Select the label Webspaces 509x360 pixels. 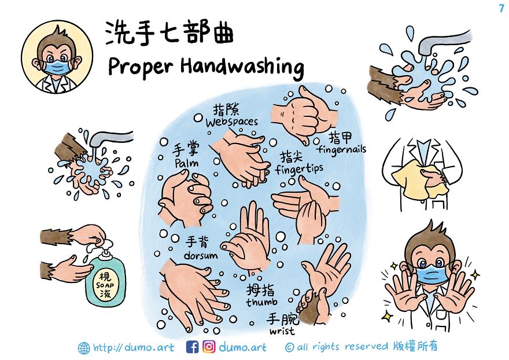click(x=231, y=122)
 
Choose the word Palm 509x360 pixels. click(x=186, y=163)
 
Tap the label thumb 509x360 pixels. click(x=261, y=302)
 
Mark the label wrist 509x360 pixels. click(x=282, y=331)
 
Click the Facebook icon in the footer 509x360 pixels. click(x=193, y=347)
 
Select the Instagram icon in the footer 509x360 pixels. click(x=209, y=347)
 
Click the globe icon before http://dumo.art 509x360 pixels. click(x=84, y=348)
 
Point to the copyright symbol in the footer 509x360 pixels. click(x=290, y=347)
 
